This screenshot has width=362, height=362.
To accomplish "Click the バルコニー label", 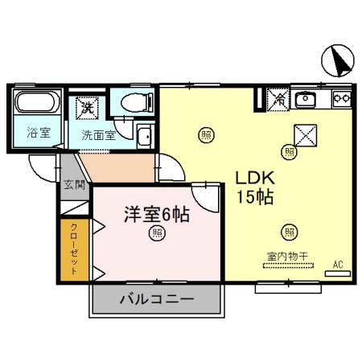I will pos(157,299).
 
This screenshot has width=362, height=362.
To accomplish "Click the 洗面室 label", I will pos(98,134).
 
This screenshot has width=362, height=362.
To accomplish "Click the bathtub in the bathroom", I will pos(35,104).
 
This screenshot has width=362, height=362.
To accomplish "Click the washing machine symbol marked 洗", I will pos(87,105).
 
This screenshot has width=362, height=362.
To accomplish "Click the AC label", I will pos(338,264).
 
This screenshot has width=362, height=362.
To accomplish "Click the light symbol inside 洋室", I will pos(157,234).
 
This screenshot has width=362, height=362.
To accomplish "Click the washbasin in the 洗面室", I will pos(144,137).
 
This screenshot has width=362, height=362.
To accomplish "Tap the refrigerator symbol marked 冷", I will pos(278,100).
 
